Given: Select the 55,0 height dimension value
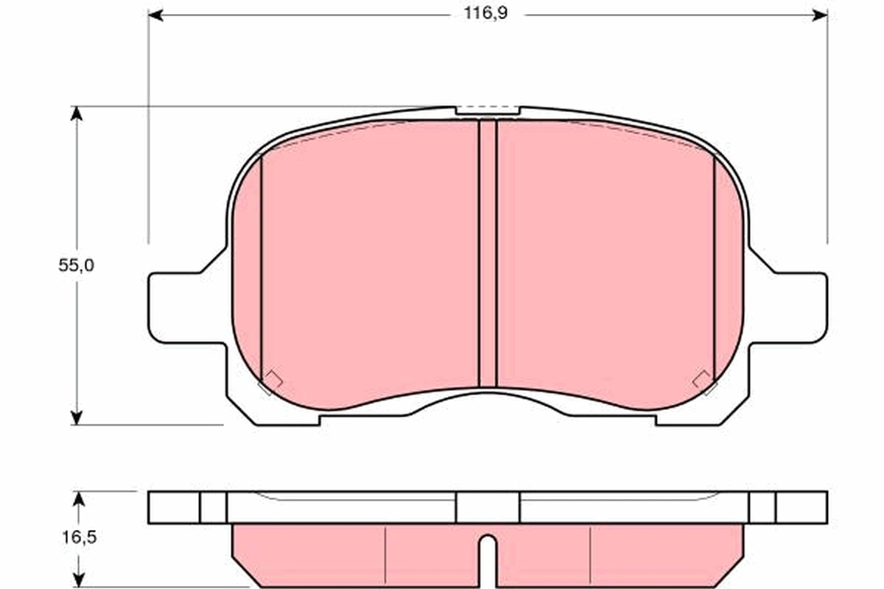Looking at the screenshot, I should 77,266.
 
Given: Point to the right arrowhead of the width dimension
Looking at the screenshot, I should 819,15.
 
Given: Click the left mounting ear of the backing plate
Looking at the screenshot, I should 173,308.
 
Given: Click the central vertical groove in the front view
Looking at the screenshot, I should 488,254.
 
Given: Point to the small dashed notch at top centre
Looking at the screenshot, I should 488,110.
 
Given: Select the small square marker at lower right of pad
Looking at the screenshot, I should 704,381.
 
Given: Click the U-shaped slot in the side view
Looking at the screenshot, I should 488,551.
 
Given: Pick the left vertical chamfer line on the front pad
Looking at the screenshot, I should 262,265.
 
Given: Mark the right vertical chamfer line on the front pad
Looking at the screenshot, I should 715,265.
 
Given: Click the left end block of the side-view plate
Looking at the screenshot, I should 174,507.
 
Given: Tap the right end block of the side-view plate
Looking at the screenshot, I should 801,507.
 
